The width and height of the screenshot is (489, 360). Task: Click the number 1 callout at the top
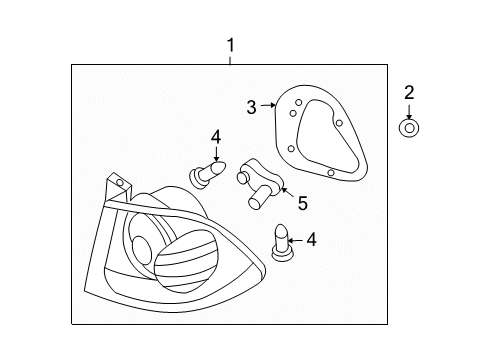[x=230, y=45]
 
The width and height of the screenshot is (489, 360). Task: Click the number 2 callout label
[x=409, y=94]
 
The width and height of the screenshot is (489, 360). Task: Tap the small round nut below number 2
[x=409, y=127]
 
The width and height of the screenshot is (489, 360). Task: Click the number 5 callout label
[x=302, y=203]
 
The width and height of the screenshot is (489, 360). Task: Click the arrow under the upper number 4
[x=214, y=154]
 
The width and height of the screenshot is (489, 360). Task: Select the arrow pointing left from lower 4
[x=297, y=240]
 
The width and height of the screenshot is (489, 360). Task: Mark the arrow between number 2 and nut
[x=409, y=111]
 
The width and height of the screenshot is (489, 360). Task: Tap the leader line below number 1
[x=230, y=59]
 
